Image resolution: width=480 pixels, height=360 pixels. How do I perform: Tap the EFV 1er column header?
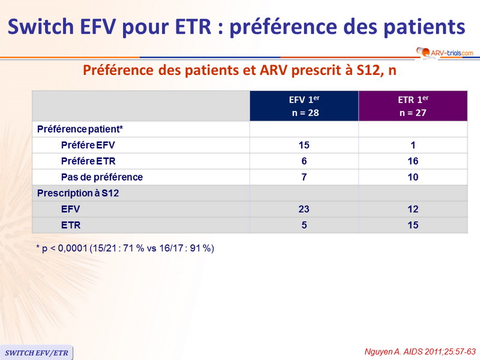coord(304,106)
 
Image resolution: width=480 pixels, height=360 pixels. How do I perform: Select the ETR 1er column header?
coord(413,106)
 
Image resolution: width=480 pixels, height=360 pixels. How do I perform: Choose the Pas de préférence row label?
coord(102,177)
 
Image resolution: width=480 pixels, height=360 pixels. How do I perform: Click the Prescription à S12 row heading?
coord(74,193)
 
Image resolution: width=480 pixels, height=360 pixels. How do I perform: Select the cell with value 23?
coord(304,209)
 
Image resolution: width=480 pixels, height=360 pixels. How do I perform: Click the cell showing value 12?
coord(412,209)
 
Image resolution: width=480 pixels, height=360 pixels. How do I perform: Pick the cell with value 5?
coord(304,225)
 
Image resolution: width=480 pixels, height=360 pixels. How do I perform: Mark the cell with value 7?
coord(304,177)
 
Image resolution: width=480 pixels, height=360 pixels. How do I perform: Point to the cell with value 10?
coord(412,177)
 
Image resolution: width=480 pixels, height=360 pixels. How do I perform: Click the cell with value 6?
coord(304,161)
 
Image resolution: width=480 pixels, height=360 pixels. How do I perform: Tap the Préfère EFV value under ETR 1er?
coord(412,145)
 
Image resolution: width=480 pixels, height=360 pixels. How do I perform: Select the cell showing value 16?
coord(412,161)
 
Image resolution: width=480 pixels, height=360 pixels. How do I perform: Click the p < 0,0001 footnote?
coord(125,248)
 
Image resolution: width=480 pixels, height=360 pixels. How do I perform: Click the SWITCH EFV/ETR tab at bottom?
coord(36,352)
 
